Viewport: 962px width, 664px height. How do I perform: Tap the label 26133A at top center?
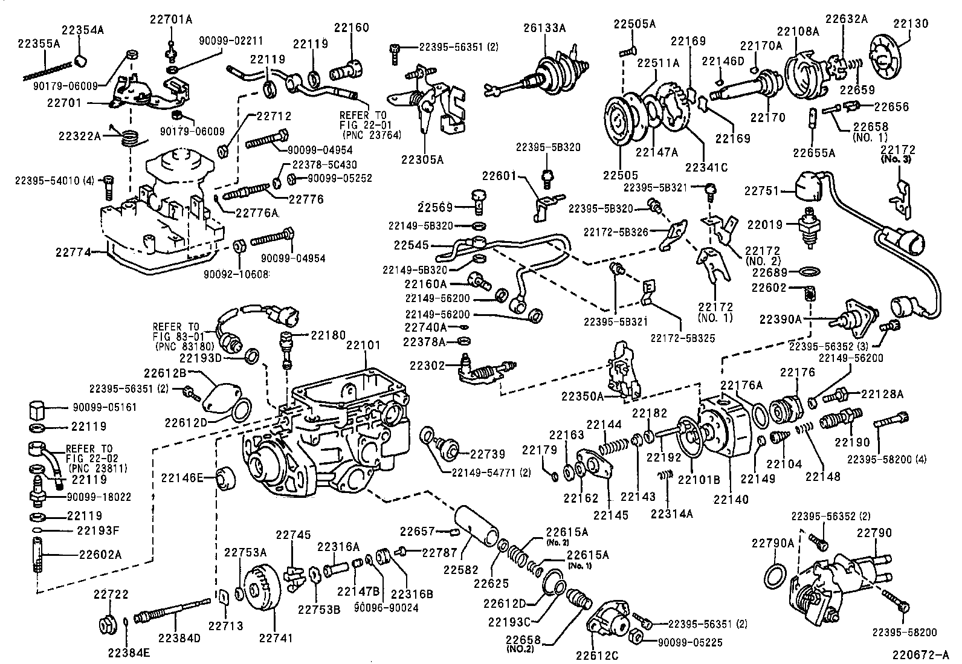point(545,28)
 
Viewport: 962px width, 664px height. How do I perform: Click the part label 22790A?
point(772,543)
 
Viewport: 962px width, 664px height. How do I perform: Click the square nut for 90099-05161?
point(38,411)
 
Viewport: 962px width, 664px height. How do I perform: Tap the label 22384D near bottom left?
point(181,637)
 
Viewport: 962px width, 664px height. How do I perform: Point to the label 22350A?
point(583,396)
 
